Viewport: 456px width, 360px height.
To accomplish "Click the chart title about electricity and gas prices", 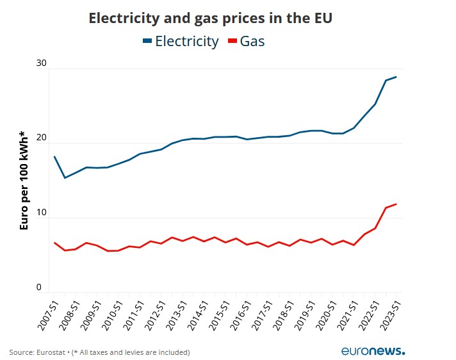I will click(210, 18).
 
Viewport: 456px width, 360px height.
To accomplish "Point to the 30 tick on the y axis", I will click(42, 63).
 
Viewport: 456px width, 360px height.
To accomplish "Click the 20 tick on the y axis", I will click(42, 138).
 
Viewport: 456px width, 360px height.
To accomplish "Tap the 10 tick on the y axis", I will click(42, 213).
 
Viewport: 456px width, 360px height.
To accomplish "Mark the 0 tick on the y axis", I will click(39, 288).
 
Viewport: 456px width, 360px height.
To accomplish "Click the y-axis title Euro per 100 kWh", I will click(24, 180).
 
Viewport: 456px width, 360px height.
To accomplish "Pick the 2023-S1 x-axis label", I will click(387, 314).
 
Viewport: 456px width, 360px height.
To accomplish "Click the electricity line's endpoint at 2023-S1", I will click(396, 77).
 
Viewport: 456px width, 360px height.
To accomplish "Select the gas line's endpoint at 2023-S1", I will click(396, 204).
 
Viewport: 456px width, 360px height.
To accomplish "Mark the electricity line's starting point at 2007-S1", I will click(54, 156).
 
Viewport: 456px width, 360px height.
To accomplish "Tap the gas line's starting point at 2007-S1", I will click(54, 243).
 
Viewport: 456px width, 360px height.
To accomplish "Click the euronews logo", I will click(373, 351).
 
